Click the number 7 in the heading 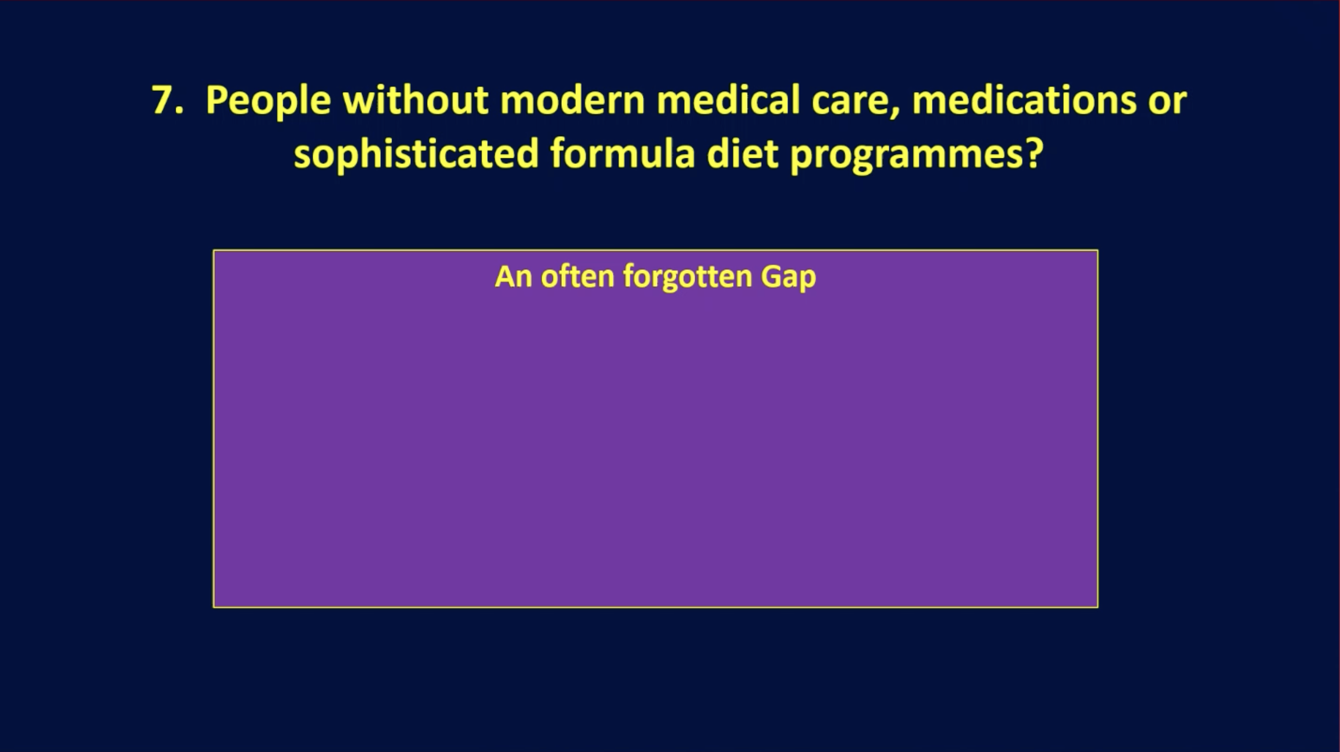click(x=165, y=99)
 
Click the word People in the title click(x=268, y=102)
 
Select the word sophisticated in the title click(x=416, y=154)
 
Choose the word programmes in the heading click(x=902, y=156)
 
